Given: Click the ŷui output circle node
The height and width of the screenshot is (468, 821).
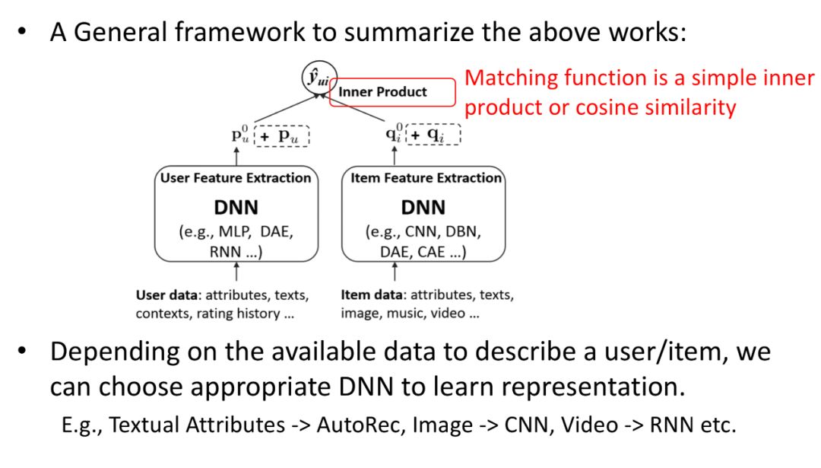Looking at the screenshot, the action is click(319, 78).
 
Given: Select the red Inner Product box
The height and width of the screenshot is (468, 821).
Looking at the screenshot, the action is click(392, 92).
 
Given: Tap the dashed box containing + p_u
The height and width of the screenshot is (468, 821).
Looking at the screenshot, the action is click(282, 136).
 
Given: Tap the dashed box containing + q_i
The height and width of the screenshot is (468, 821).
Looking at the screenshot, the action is click(433, 135).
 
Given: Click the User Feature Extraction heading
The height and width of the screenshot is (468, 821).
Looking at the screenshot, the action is click(236, 178).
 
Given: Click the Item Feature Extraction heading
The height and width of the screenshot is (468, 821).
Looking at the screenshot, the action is click(426, 178).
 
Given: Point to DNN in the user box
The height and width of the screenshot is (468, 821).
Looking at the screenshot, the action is click(236, 208).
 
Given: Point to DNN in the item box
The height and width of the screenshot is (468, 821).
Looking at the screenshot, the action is click(423, 208).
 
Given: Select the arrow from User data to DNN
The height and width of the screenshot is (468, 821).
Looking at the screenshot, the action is click(236, 272).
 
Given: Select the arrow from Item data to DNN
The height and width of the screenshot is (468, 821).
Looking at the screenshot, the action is click(395, 272).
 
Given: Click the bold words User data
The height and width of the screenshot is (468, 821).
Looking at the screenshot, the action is click(167, 295).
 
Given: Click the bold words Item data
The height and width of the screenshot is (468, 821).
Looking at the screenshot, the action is click(372, 295).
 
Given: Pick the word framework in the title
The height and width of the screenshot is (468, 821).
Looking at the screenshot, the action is click(239, 32).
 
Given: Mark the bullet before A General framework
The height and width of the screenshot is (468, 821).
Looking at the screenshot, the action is click(21, 31).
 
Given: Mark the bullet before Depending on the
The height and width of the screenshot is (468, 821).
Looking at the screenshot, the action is click(21, 351).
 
